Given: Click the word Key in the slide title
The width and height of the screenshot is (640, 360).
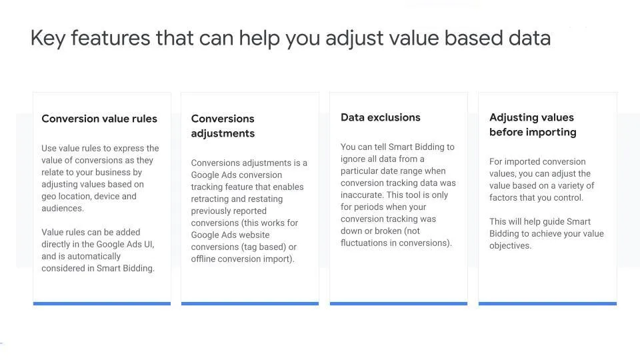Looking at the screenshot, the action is pyautogui.click(x=48, y=39).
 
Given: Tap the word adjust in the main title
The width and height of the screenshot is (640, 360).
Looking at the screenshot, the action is pyautogui.click(x=354, y=39).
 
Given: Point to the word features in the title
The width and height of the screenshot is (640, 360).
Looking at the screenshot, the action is pyautogui.click(x=111, y=37).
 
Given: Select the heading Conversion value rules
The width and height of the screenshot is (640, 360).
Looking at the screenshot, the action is pyautogui.click(x=99, y=119).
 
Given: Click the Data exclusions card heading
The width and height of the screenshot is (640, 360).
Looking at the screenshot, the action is pyautogui.click(x=381, y=117).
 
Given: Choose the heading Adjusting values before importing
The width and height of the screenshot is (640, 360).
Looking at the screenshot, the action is pyautogui.click(x=533, y=125).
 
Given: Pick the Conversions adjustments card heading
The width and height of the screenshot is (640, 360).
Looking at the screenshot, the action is pyautogui.click(x=223, y=126).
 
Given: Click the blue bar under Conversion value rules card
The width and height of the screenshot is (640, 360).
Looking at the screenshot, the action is pyautogui.click(x=102, y=304).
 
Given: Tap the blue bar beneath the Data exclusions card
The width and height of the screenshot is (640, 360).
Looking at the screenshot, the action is pyautogui.click(x=399, y=304).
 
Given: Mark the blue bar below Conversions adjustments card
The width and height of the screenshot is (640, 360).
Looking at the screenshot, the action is pyautogui.click(x=250, y=304).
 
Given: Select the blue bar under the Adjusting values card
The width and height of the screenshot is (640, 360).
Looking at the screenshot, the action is pyautogui.click(x=547, y=304).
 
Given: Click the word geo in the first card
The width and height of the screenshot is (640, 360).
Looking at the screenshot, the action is pyautogui.click(x=49, y=197).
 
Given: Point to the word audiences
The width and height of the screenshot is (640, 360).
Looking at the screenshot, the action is pyautogui.click(x=63, y=208).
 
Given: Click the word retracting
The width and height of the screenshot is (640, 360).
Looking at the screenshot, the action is pyautogui.click(x=211, y=199).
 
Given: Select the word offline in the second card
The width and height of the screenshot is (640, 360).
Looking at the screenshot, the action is pyautogui.click(x=203, y=259).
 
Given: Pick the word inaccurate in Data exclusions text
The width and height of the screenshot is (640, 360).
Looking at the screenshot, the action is pyautogui.click(x=362, y=195).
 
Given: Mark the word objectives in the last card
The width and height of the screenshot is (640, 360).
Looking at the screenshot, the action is pyautogui.click(x=510, y=246).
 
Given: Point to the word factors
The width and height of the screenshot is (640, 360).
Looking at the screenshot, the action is pyautogui.click(x=503, y=197).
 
